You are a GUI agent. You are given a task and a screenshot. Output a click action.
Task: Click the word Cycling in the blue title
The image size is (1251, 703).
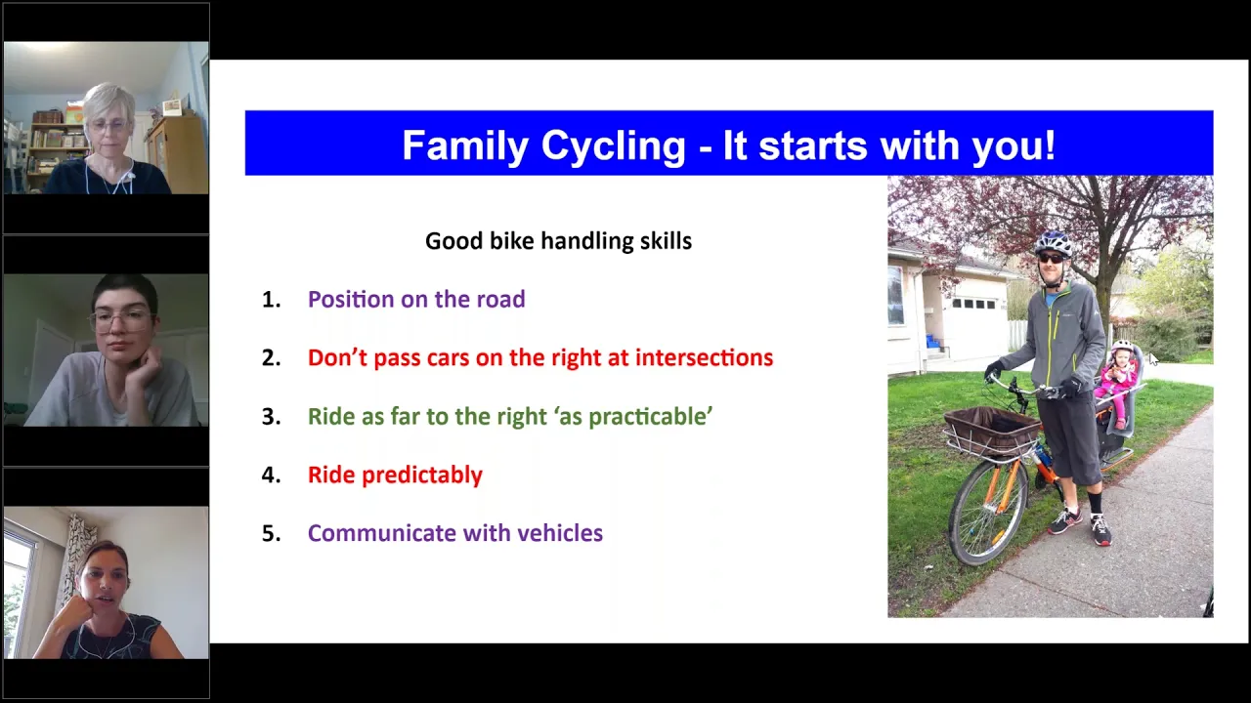[x=613, y=146]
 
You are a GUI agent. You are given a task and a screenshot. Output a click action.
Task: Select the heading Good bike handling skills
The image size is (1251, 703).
[x=558, y=241]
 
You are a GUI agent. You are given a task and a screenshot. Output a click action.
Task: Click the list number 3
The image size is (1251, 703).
[x=272, y=416]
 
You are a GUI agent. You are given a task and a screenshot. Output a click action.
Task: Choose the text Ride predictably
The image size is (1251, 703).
[x=395, y=476]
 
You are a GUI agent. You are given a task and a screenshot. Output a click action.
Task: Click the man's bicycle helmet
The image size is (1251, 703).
[x=1054, y=243]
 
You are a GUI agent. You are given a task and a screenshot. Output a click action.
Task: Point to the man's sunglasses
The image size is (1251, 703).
[x=1051, y=259]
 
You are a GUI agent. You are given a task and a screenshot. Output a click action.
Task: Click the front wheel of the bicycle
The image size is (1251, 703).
[x=987, y=513]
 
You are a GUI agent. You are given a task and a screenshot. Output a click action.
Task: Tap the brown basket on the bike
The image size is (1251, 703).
[x=992, y=431]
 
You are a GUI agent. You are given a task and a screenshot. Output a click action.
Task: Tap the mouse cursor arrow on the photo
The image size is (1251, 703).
[x=1154, y=359]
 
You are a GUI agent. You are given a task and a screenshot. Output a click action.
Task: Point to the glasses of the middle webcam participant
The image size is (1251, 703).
[x=120, y=319]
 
